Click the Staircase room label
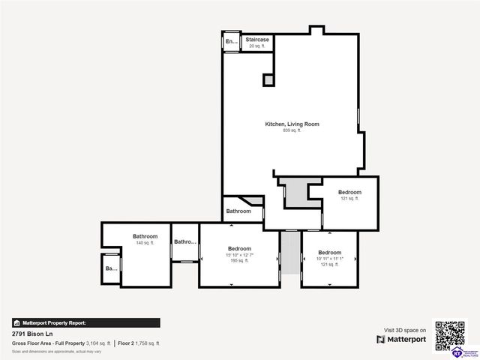click(257, 39)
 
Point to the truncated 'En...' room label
click(231, 42)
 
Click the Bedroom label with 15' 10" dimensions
click(239, 248)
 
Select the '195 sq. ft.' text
click(239, 261)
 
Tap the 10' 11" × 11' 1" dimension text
click(330, 258)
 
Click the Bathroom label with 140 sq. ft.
click(145, 236)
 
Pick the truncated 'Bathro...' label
click(185, 241)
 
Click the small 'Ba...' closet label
click(111, 268)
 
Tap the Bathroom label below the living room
click(238, 211)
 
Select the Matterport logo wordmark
click(406, 340)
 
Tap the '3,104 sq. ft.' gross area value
click(98, 343)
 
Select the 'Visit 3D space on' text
click(405, 330)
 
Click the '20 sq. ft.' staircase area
click(257, 46)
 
